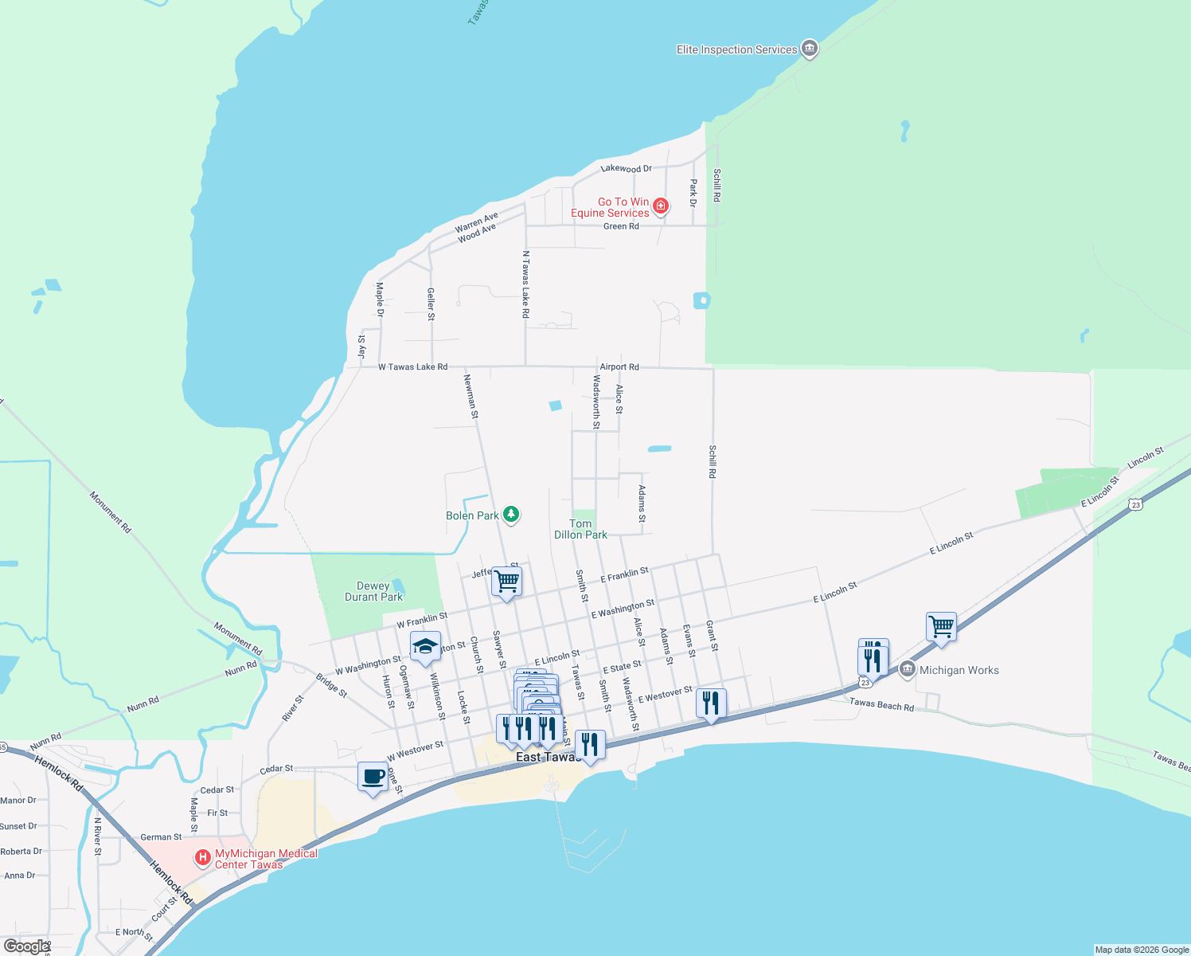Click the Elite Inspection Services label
click(x=736, y=49)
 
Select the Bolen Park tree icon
click(x=511, y=515)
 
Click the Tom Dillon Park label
click(x=580, y=529)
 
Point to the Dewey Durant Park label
click(x=373, y=591)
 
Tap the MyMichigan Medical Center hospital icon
click(x=203, y=858)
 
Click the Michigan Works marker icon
click(x=907, y=670)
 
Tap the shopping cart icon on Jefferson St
click(x=506, y=582)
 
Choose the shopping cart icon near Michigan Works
click(x=941, y=627)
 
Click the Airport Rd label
click(x=619, y=367)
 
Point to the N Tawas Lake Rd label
click(x=525, y=284)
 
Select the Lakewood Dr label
click(x=626, y=169)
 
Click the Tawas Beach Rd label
click(x=881, y=705)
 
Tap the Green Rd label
click(x=621, y=226)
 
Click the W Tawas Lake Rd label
click(x=412, y=367)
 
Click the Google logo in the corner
click(x=26, y=946)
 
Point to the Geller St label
click(x=431, y=304)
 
